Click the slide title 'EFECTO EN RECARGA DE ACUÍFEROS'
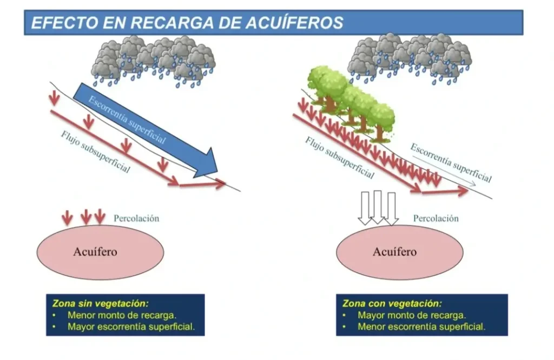click(187, 23)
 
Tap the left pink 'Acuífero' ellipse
click(100, 252)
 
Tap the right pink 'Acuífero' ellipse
click(400, 252)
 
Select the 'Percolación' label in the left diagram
click(136, 219)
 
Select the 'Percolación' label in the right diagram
click(436, 219)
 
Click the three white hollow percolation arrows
click(378, 208)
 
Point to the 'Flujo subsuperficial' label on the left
click(95, 152)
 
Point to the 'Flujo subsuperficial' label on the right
click(340, 158)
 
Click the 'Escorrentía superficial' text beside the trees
click(451, 163)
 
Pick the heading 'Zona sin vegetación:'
click(101, 303)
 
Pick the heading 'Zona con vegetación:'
click(392, 303)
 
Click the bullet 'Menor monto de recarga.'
click(122, 315)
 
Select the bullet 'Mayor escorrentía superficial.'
click(131, 326)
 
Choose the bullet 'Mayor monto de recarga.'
click(412, 315)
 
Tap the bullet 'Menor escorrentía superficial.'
click(421, 326)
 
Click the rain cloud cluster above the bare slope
click(154, 61)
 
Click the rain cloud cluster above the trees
click(410, 58)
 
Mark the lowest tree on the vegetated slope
click(380, 121)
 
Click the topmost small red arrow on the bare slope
click(54, 98)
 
